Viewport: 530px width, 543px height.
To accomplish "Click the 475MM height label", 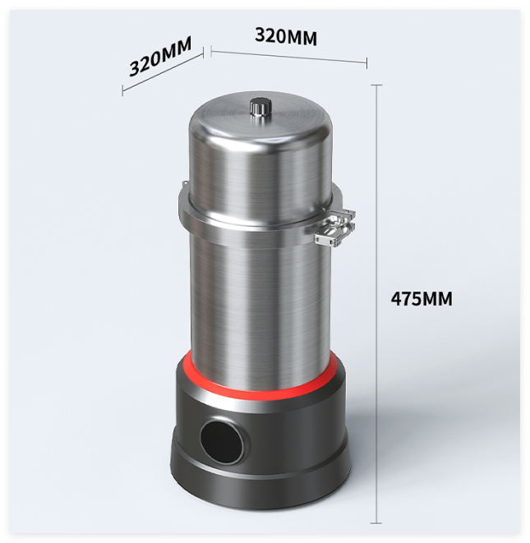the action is coord(422,299).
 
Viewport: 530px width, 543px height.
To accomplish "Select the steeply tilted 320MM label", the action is coord(160,57).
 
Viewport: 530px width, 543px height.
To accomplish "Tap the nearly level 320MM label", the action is coord(286,36).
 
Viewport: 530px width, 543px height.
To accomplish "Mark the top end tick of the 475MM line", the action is coord(376,85).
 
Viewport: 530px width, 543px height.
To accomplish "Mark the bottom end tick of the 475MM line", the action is coord(376,523).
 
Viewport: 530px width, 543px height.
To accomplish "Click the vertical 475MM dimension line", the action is coord(376,304).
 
